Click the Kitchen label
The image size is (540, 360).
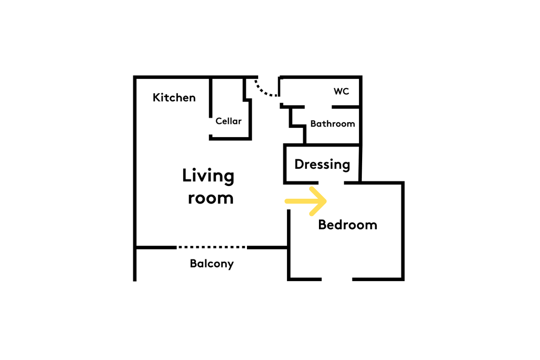coord(174,98)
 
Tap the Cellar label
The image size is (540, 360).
coord(228,121)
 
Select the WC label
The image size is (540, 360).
coord(341,91)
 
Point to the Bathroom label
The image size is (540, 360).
coord(332,124)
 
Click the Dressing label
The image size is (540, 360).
coord(322,165)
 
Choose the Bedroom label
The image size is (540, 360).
coord(348,225)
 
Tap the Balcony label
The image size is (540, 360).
coord(212,264)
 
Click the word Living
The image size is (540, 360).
coord(208,176)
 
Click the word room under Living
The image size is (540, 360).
coord(211,198)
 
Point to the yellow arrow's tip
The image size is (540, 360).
coord(326,201)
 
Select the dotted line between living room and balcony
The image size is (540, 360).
coord(212,247)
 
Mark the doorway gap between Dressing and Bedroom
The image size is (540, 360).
coord(331,183)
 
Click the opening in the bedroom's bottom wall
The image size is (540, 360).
coord(337,279)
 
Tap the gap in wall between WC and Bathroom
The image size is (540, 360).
coord(318,107)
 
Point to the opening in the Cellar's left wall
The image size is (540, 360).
coord(211,126)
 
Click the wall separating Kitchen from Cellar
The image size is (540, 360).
coord(211,98)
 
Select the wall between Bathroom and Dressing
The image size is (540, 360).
coord(322,145)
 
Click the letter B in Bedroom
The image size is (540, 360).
coord(322,225)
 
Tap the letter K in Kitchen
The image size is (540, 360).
coord(157,98)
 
